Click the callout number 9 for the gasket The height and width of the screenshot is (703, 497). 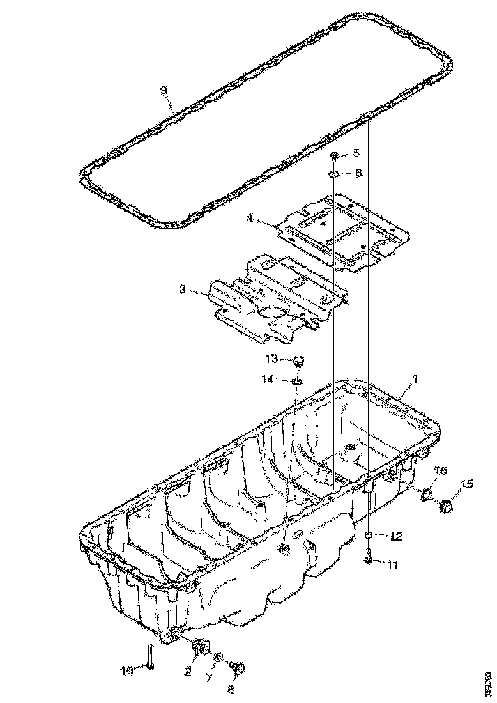(164, 90)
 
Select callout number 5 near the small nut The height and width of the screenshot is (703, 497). (356, 153)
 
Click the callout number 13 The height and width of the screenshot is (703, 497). (272, 358)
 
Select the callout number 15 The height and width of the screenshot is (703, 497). (467, 484)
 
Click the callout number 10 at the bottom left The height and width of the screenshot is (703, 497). (127, 670)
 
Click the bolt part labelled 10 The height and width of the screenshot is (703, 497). (149, 658)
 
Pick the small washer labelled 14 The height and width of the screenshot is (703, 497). (296, 382)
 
